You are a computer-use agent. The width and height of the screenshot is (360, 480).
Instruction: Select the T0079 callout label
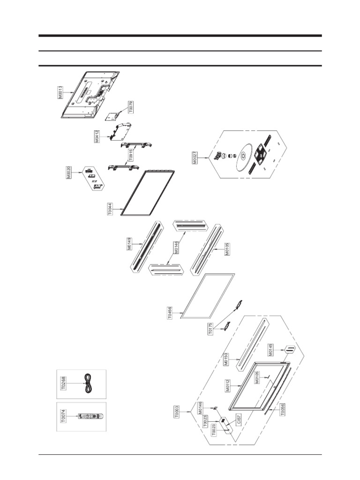tap(131, 107)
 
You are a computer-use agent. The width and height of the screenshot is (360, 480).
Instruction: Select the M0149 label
tap(129, 244)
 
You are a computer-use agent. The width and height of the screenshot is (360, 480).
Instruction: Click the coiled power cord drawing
tap(87, 384)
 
